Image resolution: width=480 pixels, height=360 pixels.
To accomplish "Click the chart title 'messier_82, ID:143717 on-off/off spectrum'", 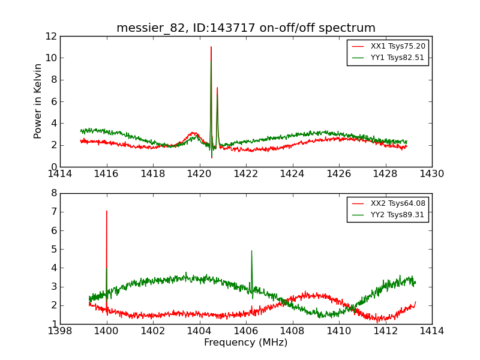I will (x=246, y=28).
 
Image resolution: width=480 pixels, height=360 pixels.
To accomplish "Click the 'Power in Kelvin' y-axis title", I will (x=38, y=101).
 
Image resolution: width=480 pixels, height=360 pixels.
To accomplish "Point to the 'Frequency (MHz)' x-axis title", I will (x=246, y=343).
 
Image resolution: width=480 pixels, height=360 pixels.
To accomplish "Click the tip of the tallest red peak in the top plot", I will (x=211, y=47).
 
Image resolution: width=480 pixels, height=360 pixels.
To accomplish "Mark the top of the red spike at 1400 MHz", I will (x=107, y=211).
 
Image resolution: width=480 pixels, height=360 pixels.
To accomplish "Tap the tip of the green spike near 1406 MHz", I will (x=251, y=251).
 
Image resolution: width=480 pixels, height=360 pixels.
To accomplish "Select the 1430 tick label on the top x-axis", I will (x=432, y=174).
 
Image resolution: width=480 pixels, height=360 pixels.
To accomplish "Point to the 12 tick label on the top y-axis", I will (x=50, y=36).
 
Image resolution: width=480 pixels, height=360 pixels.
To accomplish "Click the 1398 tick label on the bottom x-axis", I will (x=60, y=331).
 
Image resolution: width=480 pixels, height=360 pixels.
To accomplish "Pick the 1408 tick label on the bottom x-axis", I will (x=293, y=331).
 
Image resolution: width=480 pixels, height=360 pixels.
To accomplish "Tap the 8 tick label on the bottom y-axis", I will (x=53, y=193).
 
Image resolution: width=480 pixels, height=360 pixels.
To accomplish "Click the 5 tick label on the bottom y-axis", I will (x=53, y=249).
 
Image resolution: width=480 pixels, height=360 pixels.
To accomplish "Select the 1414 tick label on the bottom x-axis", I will (x=432, y=331).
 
